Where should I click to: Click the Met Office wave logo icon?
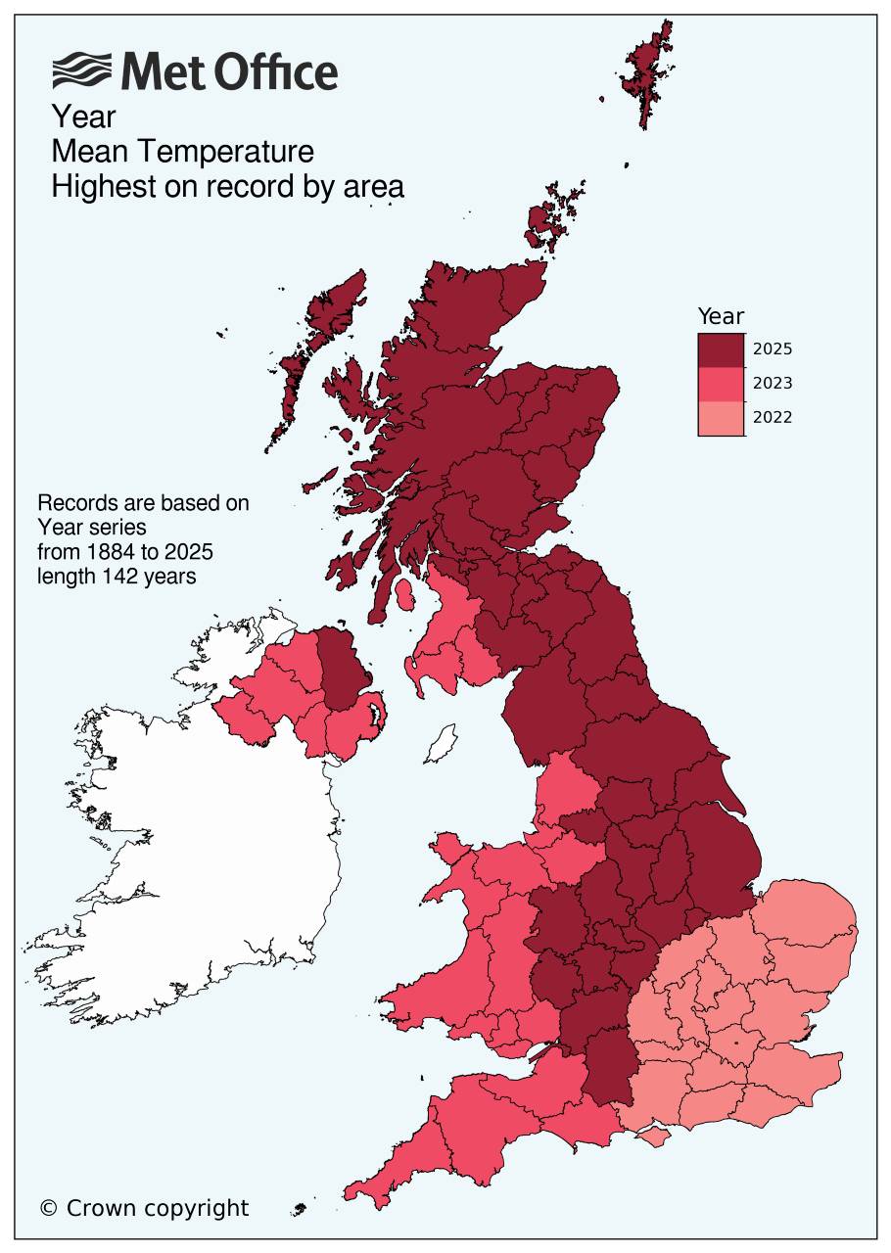[83, 71]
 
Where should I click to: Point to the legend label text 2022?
[772, 418]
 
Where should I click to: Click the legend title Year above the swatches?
[721, 316]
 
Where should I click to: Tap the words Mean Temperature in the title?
[182, 152]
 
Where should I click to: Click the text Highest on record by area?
[227, 186]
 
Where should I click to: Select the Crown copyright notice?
[144, 1208]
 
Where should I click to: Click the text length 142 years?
[117, 576]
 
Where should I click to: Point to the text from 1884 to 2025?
[125, 551]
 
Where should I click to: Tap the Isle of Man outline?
[442, 744]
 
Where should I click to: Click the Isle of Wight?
[652, 1137]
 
